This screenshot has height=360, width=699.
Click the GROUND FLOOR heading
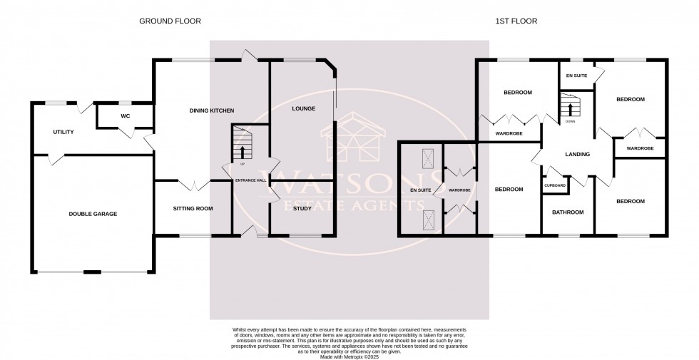pyautogui.click(x=170, y=21)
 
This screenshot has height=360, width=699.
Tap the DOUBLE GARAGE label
pyautogui.click(x=93, y=214)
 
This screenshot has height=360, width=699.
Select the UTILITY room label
pyautogui.click(x=63, y=132)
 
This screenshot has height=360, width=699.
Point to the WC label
pyautogui.click(x=125, y=115)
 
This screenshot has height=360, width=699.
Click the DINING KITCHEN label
pyautogui.click(x=212, y=110)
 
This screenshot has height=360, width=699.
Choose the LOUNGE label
pyautogui.click(x=303, y=109)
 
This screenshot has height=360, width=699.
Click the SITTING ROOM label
pyautogui.click(x=193, y=209)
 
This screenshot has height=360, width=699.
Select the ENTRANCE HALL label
pyautogui.click(x=250, y=180)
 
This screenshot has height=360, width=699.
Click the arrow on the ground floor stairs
pyautogui.click(x=243, y=151)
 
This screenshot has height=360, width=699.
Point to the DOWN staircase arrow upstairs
pyautogui.click(x=570, y=109)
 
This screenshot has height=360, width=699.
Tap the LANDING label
pyautogui.click(x=577, y=153)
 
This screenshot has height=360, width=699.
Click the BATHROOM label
pyautogui.click(x=568, y=212)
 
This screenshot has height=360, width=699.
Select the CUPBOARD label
pyautogui.click(x=555, y=185)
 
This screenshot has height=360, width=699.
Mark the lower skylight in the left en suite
pyautogui.click(x=428, y=219)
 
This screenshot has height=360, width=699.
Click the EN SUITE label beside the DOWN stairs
pyautogui.click(x=576, y=75)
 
